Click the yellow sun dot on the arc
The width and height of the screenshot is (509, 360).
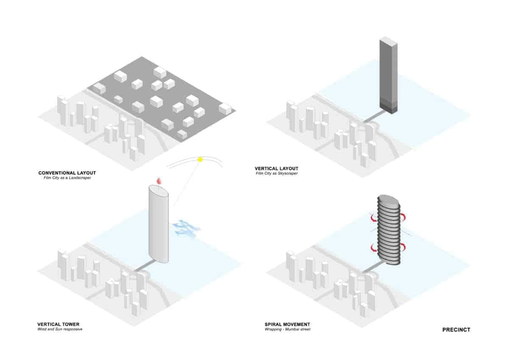coord(200,159)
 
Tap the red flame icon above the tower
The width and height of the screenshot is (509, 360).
coord(159,181)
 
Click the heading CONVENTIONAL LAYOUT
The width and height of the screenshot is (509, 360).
coord(67,173)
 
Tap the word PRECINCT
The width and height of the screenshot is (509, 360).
coord(456,329)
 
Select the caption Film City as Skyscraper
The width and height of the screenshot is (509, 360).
coord(277,173)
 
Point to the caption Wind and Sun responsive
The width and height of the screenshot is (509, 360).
coord(60,329)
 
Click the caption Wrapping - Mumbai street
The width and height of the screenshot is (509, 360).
coord(288,329)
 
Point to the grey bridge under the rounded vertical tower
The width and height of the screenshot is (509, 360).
coord(145,267)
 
